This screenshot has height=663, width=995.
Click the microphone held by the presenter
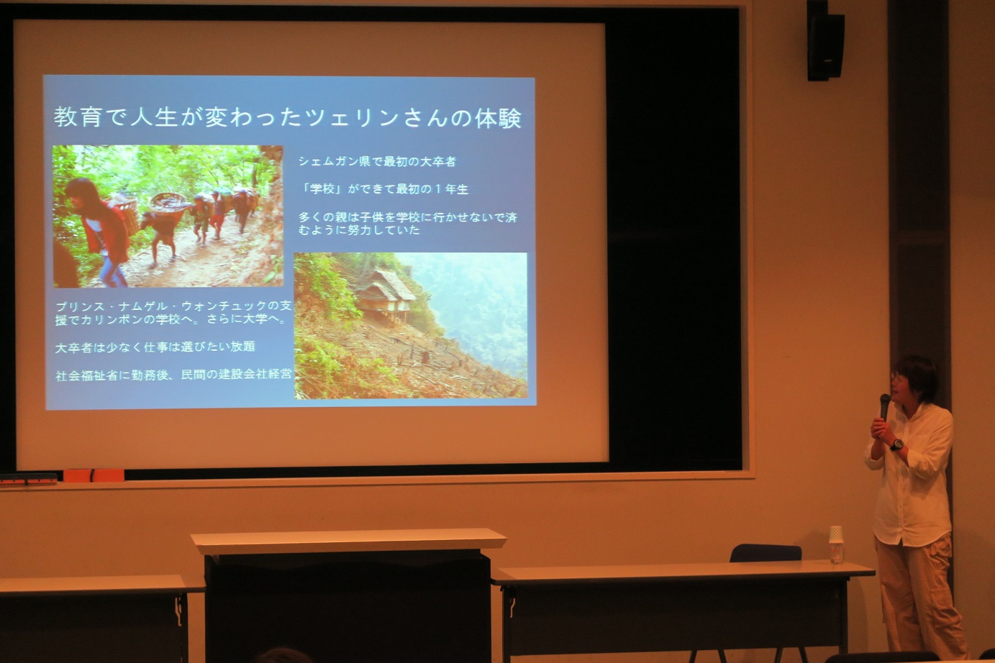point(884,406)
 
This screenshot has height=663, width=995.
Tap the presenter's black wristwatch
point(897,444)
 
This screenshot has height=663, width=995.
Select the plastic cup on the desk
point(836,544)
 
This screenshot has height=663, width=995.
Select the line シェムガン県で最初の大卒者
point(377,162)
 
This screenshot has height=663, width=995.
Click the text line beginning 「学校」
point(385,189)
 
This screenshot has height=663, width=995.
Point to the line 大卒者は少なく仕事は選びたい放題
point(155,347)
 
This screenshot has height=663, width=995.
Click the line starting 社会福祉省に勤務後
point(173,375)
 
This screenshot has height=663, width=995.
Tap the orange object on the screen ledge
point(94,475)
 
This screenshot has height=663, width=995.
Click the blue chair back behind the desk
point(765,553)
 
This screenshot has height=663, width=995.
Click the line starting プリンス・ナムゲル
point(173,313)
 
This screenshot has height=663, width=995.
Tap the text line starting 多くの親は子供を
point(408,224)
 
